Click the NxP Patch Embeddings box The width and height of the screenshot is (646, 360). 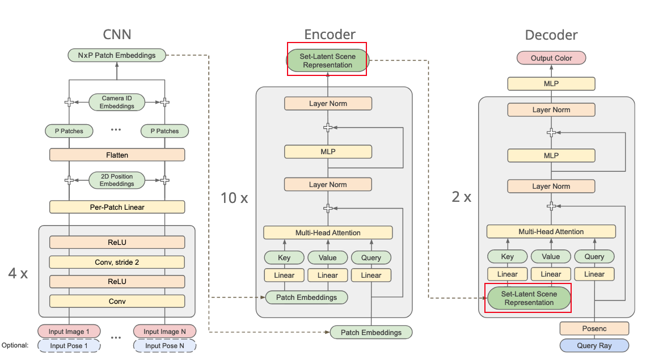(117, 55)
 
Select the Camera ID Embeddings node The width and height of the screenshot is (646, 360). (117, 102)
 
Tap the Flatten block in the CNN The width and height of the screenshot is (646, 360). (117, 155)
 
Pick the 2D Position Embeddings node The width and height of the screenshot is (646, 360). (117, 180)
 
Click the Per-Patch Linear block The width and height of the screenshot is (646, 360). (117, 207)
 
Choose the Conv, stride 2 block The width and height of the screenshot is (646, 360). (117, 262)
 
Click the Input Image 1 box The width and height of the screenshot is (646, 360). (69, 331)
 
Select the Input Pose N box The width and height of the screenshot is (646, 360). (164, 346)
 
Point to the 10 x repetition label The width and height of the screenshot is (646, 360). (234, 198)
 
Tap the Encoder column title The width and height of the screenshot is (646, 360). (330, 34)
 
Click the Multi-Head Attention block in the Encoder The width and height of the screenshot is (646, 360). (328, 232)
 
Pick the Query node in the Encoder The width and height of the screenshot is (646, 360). (371, 257)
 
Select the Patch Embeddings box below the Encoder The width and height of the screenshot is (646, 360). (371, 332)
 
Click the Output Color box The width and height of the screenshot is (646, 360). (551, 58)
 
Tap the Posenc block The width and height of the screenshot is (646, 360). (594, 328)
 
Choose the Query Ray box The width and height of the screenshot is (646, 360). (594, 345)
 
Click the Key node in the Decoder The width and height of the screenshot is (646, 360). (507, 256)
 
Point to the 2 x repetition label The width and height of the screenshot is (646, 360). (462, 197)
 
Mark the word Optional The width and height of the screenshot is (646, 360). (15, 345)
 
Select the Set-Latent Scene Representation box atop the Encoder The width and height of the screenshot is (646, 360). (327, 61)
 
